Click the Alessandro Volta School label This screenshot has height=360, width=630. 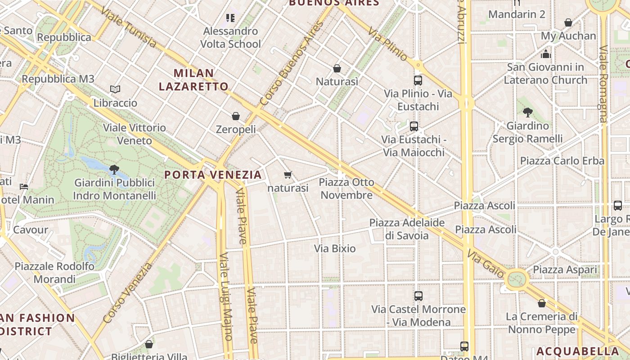230,37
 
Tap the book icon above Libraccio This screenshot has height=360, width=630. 115,89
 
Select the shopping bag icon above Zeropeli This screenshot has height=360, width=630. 236,116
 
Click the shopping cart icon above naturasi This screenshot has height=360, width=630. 288,175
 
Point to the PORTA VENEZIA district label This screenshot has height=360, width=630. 213,175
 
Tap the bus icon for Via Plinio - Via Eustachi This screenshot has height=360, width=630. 418,81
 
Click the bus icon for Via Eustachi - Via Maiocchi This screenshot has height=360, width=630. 414,126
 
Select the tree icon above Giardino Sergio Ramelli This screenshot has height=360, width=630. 528,112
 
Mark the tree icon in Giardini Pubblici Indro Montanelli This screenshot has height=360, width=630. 114,170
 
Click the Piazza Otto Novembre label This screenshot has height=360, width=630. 346,189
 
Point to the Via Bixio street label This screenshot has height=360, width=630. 335,248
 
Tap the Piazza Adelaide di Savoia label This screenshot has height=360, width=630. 407,229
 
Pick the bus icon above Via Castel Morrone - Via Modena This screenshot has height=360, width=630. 418,296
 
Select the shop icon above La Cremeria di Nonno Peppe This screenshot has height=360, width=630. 542,303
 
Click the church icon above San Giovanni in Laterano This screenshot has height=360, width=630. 546,54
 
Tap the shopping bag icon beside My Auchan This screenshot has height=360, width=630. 568,22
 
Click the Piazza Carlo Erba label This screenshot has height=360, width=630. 562,161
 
